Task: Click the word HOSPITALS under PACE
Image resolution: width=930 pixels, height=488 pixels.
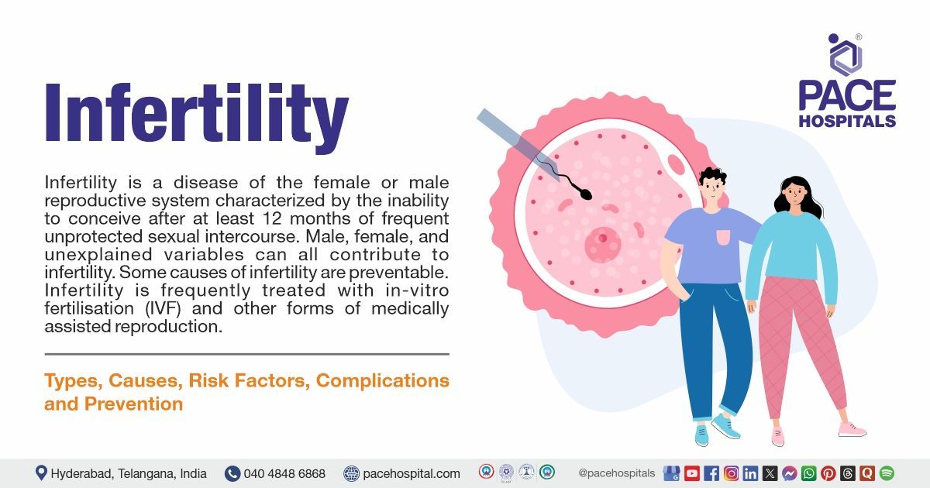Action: pyautogui.click(x=847, y=121)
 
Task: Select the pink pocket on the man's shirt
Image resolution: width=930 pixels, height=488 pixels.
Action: pyautogui.click(x=722, y=237)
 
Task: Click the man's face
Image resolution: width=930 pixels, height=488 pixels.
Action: pyautogui.click(x=712, y=189)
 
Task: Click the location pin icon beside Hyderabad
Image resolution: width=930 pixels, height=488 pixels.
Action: pyautogui.click(x=41, y=473)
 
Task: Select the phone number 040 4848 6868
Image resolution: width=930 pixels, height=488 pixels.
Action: pyautogui.click(x=284, y=473)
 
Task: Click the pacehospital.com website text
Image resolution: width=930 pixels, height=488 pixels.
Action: pyautogui.click(x=412, y=473)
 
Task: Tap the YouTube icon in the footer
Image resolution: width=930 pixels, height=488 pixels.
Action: pyautogui.click(x=692, y=473)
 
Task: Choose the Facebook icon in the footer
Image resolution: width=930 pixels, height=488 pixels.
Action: pyautogui.click(x=711, y=473)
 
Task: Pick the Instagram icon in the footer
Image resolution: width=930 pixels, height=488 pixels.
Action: pyautogui.click(x=731, y=473)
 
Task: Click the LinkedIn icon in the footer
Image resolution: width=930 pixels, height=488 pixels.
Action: pyautogui.click(x=750, y=473)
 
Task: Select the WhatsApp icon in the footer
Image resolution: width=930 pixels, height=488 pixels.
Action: pyautogui.click(x=809, y=473)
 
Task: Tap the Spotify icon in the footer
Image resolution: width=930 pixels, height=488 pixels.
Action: pyautogui.click(x=887, y=473)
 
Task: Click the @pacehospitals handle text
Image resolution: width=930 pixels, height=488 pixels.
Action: pyautogui.click(x=617, y=473)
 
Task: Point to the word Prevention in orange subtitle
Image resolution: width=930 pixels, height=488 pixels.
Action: pyautogui.click(x=133, y=404)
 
